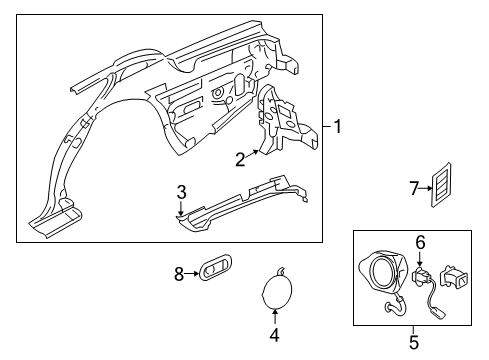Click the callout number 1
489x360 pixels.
[338, 127]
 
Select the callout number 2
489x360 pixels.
[240, 159]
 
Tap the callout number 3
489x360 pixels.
[182, 193]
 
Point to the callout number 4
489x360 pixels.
[274, 335]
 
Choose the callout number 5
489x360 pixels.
[414, 342]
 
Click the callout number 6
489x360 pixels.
[420, 242]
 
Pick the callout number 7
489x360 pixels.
[414, 189]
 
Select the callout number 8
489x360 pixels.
[179, 274]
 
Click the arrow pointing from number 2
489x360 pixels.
[252, 154]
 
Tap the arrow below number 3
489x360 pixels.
[181, 209]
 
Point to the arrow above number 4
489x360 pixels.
[275, 317]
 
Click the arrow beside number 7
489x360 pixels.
[426, 189]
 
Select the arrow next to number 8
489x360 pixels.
[192, 274]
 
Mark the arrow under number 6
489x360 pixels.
[420, 259]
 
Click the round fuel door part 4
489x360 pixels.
[276, 288]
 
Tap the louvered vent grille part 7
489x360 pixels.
[441, 185]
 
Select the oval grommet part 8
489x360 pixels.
[215, 267]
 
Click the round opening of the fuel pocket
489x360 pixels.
[383, 273]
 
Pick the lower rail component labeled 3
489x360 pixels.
[242, 203]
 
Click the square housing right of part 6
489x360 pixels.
[454, 277]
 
